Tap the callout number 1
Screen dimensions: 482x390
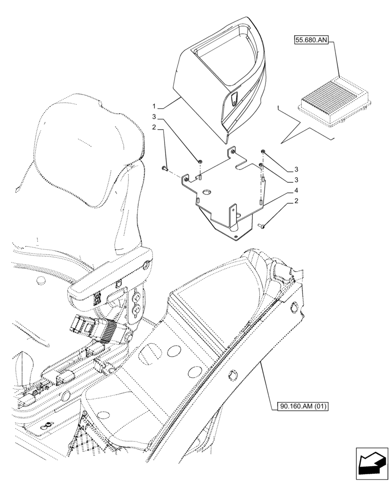[x=154, y=106]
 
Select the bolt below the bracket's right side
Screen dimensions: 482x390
[x=262, y=225]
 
